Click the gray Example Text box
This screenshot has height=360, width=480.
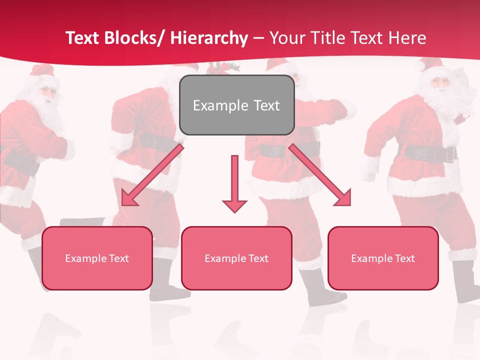point(236,105)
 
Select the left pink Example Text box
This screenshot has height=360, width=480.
point(97,258)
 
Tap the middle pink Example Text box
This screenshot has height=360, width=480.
point(236,258)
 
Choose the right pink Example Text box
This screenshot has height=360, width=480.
point(383,258)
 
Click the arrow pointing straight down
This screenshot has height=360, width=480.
point(234,185)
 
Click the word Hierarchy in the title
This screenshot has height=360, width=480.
point(209,38)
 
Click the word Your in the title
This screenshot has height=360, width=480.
point(286,38)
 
